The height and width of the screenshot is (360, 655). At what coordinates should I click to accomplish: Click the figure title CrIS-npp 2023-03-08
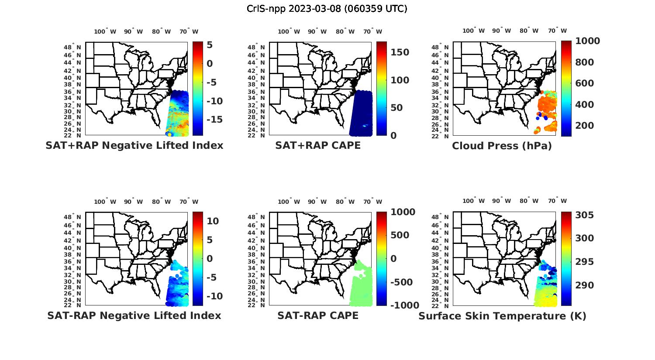point(327,9)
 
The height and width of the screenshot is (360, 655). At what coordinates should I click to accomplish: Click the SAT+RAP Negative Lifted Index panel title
point(134,145)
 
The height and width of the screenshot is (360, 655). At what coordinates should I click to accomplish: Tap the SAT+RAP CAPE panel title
point(318,145)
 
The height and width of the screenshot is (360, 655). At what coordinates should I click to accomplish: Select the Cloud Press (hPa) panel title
point(502,146)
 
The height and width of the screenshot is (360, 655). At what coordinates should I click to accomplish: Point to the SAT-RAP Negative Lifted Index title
point(134,315)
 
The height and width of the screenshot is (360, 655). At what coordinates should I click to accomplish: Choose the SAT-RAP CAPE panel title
point(318,315)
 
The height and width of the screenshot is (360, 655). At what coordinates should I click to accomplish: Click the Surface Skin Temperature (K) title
point(502,316)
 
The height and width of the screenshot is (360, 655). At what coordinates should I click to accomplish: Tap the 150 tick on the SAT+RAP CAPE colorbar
point(400,52)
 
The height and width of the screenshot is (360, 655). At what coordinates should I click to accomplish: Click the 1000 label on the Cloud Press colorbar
point(587,41)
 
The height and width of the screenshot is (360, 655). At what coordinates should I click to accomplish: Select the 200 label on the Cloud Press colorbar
point(584,126)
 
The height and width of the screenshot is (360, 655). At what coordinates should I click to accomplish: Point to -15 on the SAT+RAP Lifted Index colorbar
point(214,120)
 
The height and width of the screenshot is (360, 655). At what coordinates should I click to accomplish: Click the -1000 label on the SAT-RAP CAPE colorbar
point(404,305)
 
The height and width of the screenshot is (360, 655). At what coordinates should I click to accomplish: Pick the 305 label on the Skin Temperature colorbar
point(584,215)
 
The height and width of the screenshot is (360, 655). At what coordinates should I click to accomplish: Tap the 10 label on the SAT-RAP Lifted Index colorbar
point(212,221)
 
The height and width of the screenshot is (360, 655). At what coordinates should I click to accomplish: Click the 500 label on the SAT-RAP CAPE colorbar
point(400,235)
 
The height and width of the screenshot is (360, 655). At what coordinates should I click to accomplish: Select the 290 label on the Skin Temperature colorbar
point(584,285)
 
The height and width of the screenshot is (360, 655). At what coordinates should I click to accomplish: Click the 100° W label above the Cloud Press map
point(473,31)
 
